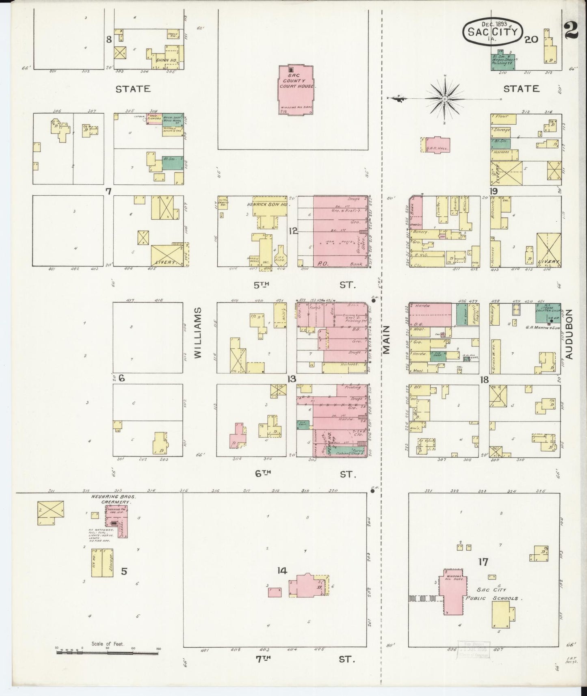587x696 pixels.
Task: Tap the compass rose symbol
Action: [x=445, y=99]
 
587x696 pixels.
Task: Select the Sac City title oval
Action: [x=492, y=30]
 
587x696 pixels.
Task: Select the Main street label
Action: [x=386, y=339]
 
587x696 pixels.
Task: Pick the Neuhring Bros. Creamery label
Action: [x=111, y=499]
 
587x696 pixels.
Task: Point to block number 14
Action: [x=282, y=571]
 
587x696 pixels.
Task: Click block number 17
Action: [x=483, y=562]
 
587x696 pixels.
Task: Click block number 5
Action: [x=124, y=571]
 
